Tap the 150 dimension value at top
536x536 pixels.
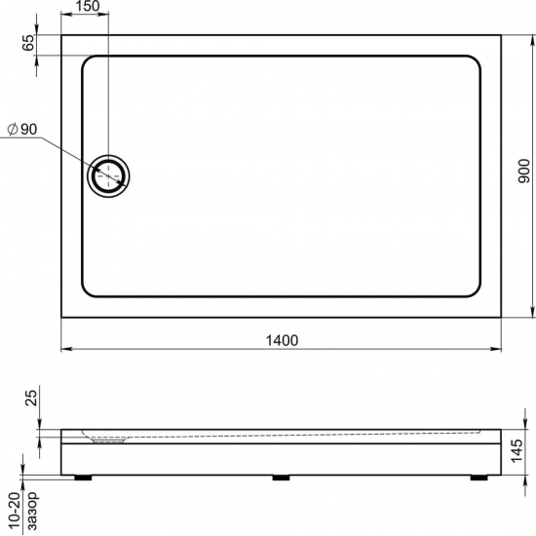tap(85, 7)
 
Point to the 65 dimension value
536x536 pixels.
tap(27, 43)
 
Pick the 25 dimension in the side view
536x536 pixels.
tap(27, 399)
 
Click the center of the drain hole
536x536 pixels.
tap(109, 175)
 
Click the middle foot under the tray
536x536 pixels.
tap(282, 478)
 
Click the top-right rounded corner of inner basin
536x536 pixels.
tap(476, 63)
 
